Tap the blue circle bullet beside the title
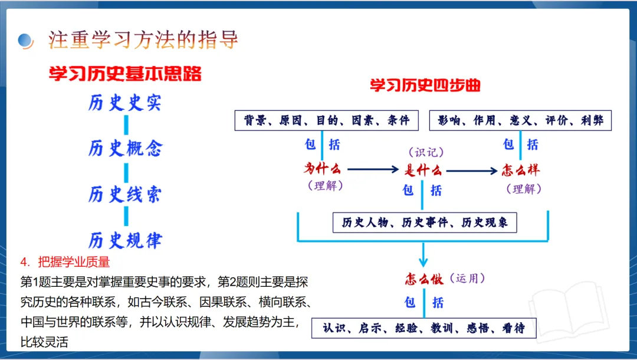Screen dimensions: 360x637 [25, 40]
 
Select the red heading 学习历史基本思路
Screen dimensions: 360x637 [125, 74]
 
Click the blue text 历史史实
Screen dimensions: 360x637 [125, 103]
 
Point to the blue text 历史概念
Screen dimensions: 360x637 [125, 148]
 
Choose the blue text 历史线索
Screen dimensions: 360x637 [125, 194]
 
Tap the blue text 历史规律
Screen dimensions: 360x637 [125, 240]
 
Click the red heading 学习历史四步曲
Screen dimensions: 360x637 [425, 86]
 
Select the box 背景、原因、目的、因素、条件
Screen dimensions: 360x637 [326, 120]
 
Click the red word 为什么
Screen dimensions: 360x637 [323, 169]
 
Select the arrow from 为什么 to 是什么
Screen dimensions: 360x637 [373, 170]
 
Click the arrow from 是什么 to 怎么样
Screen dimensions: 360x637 [472, 171]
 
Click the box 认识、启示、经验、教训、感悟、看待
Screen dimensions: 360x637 [423, 328]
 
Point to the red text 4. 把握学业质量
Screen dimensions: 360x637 [65, 261]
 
